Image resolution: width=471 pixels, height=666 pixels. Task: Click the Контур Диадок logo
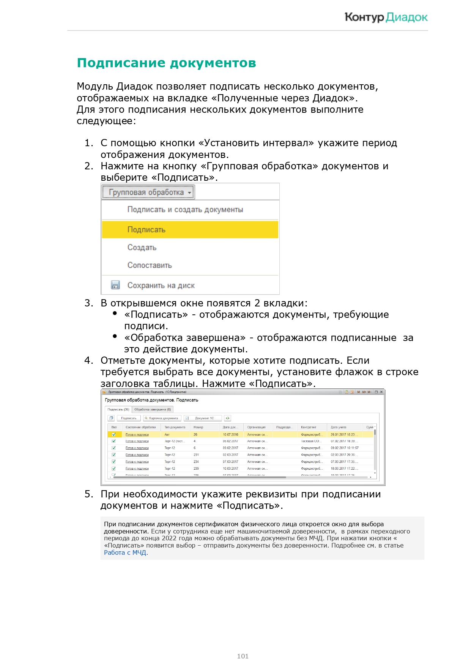(386, 17)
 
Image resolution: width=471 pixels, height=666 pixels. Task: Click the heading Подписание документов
(166, 63)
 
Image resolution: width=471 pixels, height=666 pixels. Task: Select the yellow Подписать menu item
(190, 230)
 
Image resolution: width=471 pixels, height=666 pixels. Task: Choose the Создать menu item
(142, 248)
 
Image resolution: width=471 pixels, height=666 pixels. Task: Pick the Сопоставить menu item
(150, 265)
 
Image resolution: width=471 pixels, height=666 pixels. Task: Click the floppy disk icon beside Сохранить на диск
(115, 285)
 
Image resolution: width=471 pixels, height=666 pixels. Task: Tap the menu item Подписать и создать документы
(185, 210)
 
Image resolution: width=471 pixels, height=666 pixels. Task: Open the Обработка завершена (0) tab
(153, 409)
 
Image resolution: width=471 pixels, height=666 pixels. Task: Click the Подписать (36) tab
(118, 409)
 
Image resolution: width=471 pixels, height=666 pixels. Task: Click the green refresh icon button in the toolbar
(227, 418)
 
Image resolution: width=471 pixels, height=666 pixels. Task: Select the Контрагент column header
(309, 427)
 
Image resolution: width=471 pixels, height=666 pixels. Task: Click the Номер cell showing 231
(196, 455)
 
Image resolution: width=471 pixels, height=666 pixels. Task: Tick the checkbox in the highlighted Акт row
(113, 434)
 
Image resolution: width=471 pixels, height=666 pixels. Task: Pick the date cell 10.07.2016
(230, 434)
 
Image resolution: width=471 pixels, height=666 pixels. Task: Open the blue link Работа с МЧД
(125, 552)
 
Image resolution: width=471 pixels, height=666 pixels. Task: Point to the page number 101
(243, 656)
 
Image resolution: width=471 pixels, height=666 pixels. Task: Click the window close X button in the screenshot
(381, 392)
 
